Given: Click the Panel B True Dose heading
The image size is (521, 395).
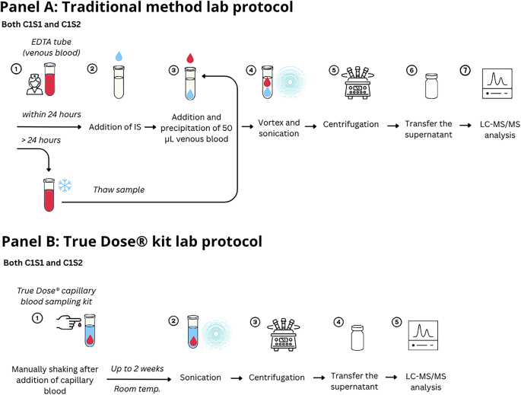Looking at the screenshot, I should point(132,242).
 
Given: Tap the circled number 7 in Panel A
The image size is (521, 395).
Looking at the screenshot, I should point(466,70).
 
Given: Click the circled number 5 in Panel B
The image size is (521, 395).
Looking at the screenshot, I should point(396,320).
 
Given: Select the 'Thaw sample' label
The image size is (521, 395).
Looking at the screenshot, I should point(118,190).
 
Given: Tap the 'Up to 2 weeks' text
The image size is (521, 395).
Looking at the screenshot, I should point(138,368).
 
